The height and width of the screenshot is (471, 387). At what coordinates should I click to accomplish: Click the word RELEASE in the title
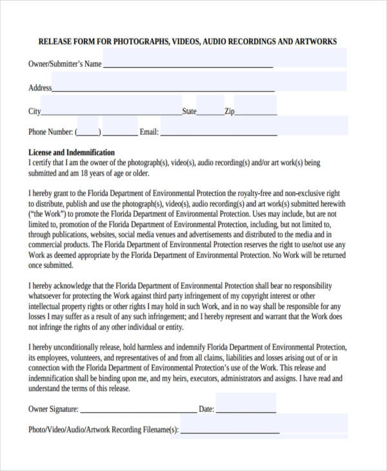click(56, 42)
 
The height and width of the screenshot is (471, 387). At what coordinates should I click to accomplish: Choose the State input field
click(210, 106)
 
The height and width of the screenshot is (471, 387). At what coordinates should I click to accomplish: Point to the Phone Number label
click(50, 132)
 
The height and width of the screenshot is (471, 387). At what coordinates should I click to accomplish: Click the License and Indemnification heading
click(72, 153)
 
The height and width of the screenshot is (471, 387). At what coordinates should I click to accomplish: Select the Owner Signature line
click(138, 409)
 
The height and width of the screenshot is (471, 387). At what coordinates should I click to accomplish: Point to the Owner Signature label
click(54, 409)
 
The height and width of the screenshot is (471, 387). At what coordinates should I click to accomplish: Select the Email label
click(149, 132)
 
